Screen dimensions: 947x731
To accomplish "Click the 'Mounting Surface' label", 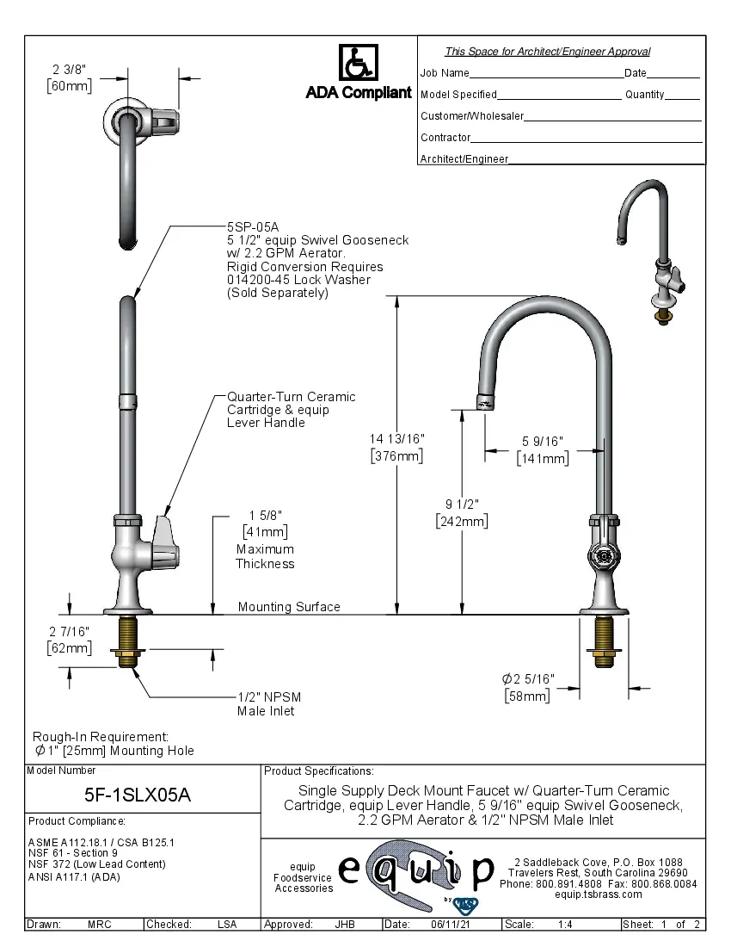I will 289,607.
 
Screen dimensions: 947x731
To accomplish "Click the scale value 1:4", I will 566,925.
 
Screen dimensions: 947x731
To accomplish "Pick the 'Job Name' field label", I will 445,73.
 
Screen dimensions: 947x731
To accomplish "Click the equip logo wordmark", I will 416,871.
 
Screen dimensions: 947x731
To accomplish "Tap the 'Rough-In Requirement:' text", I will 101,736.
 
